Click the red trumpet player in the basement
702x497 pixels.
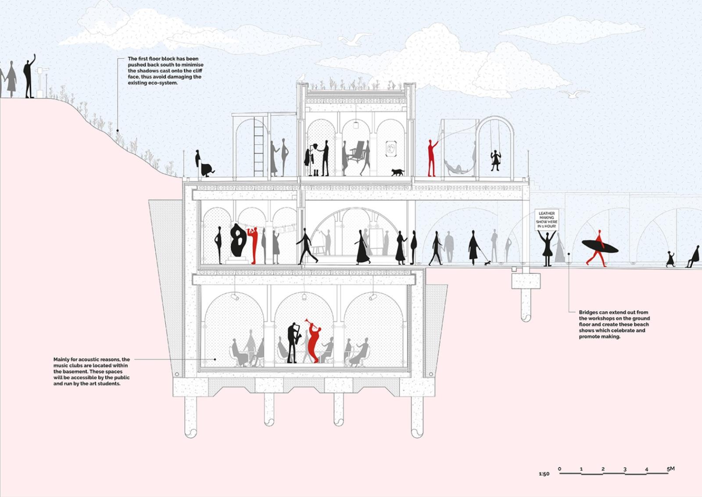[313, 340]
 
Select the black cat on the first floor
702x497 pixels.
[398, 172]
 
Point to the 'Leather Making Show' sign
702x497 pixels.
[547, 219]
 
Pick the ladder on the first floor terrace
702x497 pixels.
[259, 147]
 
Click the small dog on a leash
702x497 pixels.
[487, 263]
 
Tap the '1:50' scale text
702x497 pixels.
[544, 474]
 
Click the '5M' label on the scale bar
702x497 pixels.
[670, 469]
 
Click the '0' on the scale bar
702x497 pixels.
[559, 469]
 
